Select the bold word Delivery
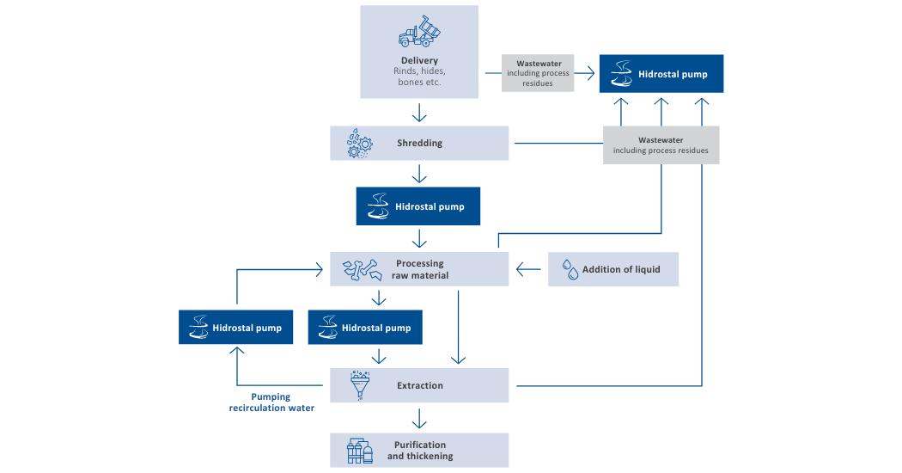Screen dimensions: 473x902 coord(419,60)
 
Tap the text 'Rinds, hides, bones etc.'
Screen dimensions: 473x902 coord(419,77)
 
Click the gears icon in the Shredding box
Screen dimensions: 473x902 coord(358,144)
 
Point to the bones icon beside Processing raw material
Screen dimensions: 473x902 coord(360,269)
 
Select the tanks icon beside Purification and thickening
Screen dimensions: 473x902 coord(359,451)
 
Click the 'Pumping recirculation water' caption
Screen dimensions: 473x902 coord(271,402)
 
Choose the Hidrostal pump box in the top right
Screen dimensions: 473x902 coord(661,74)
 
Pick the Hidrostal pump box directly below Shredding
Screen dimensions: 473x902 coord(418,207)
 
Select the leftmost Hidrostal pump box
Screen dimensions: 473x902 coord(236,328)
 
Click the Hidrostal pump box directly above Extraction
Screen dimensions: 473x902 coord(365,328)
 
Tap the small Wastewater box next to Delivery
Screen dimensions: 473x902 coord(538,74)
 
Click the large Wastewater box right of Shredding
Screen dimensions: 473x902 coord(661,144)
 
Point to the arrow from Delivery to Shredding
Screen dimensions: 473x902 coord(419,113)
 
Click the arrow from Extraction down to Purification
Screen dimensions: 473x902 coord(419,417)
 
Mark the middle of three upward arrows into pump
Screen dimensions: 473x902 coord(661,109)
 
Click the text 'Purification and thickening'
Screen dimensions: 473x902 coord(420,451)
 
